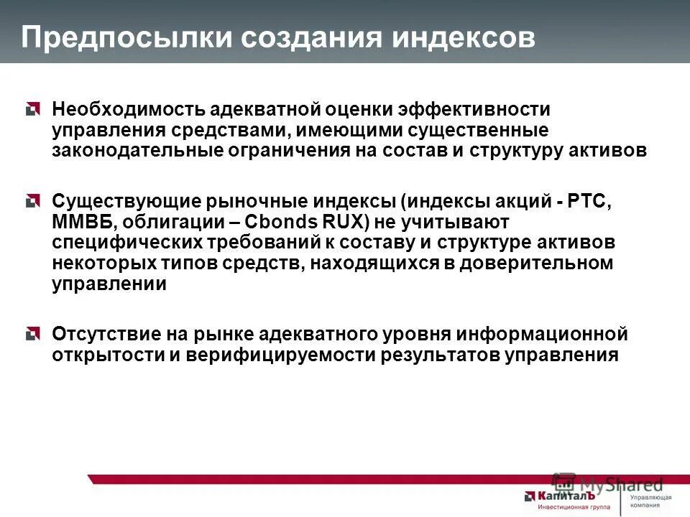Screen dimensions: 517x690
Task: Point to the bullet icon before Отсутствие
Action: (31, 334)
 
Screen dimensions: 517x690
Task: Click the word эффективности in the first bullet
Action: (484, 110)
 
